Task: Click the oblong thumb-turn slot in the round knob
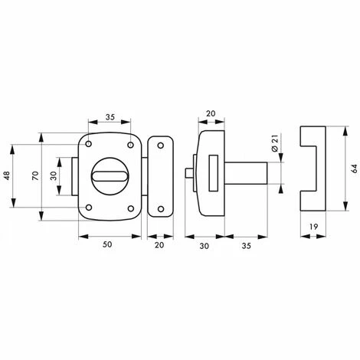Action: coord(110,177)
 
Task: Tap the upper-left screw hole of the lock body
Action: coord(90,145)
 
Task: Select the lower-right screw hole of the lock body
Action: coord(130,208)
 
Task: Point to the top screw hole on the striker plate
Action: coord(159,146)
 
